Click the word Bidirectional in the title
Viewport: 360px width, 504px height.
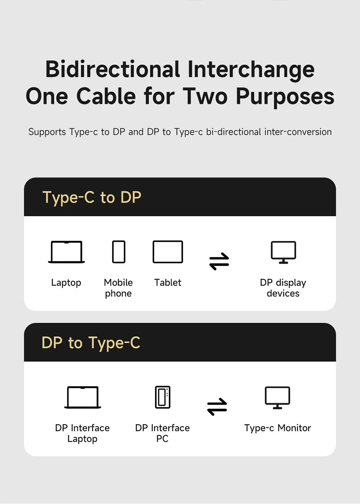[x=112, y=69]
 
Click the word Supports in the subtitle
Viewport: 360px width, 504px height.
[x=47, y=132]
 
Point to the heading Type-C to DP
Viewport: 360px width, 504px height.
[x=92, y=197]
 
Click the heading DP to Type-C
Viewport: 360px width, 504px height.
[x=91, y=342]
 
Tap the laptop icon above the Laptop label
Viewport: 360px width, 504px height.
[x=67, y=252]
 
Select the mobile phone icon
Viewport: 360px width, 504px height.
[x=119, y=252]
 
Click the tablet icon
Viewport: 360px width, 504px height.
[x=168, y=252]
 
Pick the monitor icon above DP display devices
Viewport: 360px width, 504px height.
[x=283, y=252]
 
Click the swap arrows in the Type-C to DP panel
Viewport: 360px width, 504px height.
[x=219, y=261]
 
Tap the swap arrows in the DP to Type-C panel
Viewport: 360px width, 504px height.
[x=217, y=407]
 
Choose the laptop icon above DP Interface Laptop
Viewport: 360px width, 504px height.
[x=82, y=397]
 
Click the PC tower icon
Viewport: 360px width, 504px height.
[x=163, y=397]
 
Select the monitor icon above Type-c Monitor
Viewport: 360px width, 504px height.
[x=278, y=398]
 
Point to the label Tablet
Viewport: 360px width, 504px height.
[x=168, y=283]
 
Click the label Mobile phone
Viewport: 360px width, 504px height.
[x=118, y=288]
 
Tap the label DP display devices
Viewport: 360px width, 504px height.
[x=283, y=288]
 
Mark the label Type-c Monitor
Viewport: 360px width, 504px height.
[x=278, y=428]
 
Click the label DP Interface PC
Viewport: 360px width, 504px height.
[x=162, y=433]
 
